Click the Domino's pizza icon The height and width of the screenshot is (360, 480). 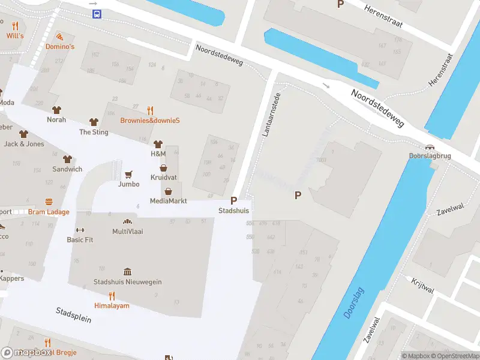[59, 37]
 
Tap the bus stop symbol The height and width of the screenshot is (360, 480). [96, 14]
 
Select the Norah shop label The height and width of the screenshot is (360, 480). [56, 119]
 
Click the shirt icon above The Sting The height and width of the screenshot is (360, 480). [93, 122]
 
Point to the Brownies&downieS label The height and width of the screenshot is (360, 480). [150, 120]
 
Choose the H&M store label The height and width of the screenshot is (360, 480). [158, 154]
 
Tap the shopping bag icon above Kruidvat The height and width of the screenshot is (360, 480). [163, 169]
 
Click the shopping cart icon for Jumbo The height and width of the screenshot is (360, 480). [128, 175]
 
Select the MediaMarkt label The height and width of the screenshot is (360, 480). [169, 201]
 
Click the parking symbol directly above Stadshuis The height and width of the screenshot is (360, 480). [233, 201]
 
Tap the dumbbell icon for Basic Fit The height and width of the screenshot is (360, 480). [80, 230]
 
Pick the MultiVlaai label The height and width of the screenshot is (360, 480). [127, 231]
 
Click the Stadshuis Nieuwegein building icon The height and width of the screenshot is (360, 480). [127, 272]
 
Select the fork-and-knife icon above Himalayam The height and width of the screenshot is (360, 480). [112, 295]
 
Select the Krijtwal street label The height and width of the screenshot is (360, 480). [422, 286]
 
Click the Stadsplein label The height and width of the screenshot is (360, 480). [73, 315]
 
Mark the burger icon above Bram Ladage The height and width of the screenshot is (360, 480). [49, 202]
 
